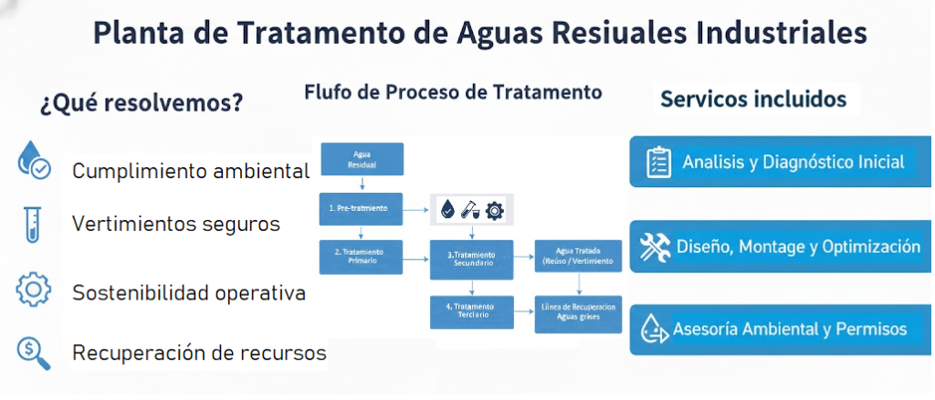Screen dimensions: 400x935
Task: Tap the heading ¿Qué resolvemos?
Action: pyautogui.click(x=141, y=101)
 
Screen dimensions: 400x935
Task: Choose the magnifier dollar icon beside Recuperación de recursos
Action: pyautogui.click(x=34, y=352)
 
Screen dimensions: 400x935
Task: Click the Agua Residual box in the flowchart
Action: pyautogui.click(x=362, y=159)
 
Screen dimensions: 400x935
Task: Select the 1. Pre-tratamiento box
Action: pyautogui.click(x=362, y=208)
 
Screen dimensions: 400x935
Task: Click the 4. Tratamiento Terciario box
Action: pyautogui.click(x=471, y=311)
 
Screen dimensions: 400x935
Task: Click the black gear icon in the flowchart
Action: pyautogui.click(x=494, y=210)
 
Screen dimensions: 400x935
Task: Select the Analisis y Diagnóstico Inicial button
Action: pyautogui.click(x=781, y=162)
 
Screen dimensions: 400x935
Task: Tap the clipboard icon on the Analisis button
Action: pyautogui.click(x=658, y=163)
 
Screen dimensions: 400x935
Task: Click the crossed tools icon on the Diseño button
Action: pyautogui.click(x=656, y=246)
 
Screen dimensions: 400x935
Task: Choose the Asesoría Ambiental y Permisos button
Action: pyautogui.click(x=781, y=329)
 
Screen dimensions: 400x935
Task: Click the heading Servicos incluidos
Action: pyautogui.click(x=753, y=98)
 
